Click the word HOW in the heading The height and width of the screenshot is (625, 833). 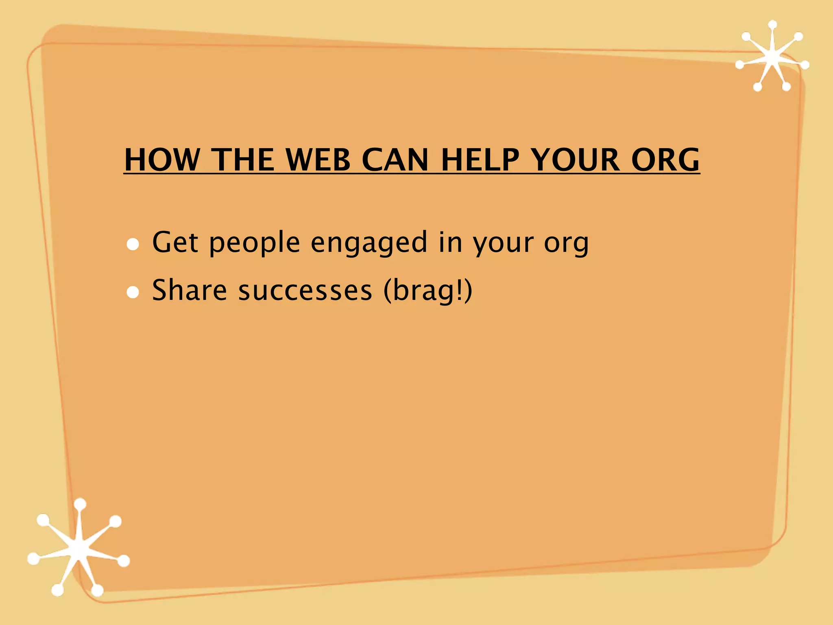(162, 160)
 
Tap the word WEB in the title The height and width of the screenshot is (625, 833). (318, 160)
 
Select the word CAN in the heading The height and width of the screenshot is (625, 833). (395, 160)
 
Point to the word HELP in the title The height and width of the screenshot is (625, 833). (480, 160)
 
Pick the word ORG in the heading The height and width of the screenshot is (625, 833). (665, 160)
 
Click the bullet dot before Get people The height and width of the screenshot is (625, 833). (133, 244)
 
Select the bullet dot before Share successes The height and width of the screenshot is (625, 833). (133, 292)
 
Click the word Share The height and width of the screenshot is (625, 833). (190, 290)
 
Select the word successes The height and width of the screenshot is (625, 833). (305, 291)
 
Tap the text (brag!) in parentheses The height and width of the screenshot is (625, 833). (428, 291)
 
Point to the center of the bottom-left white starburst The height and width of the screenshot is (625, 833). (79, 549)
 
